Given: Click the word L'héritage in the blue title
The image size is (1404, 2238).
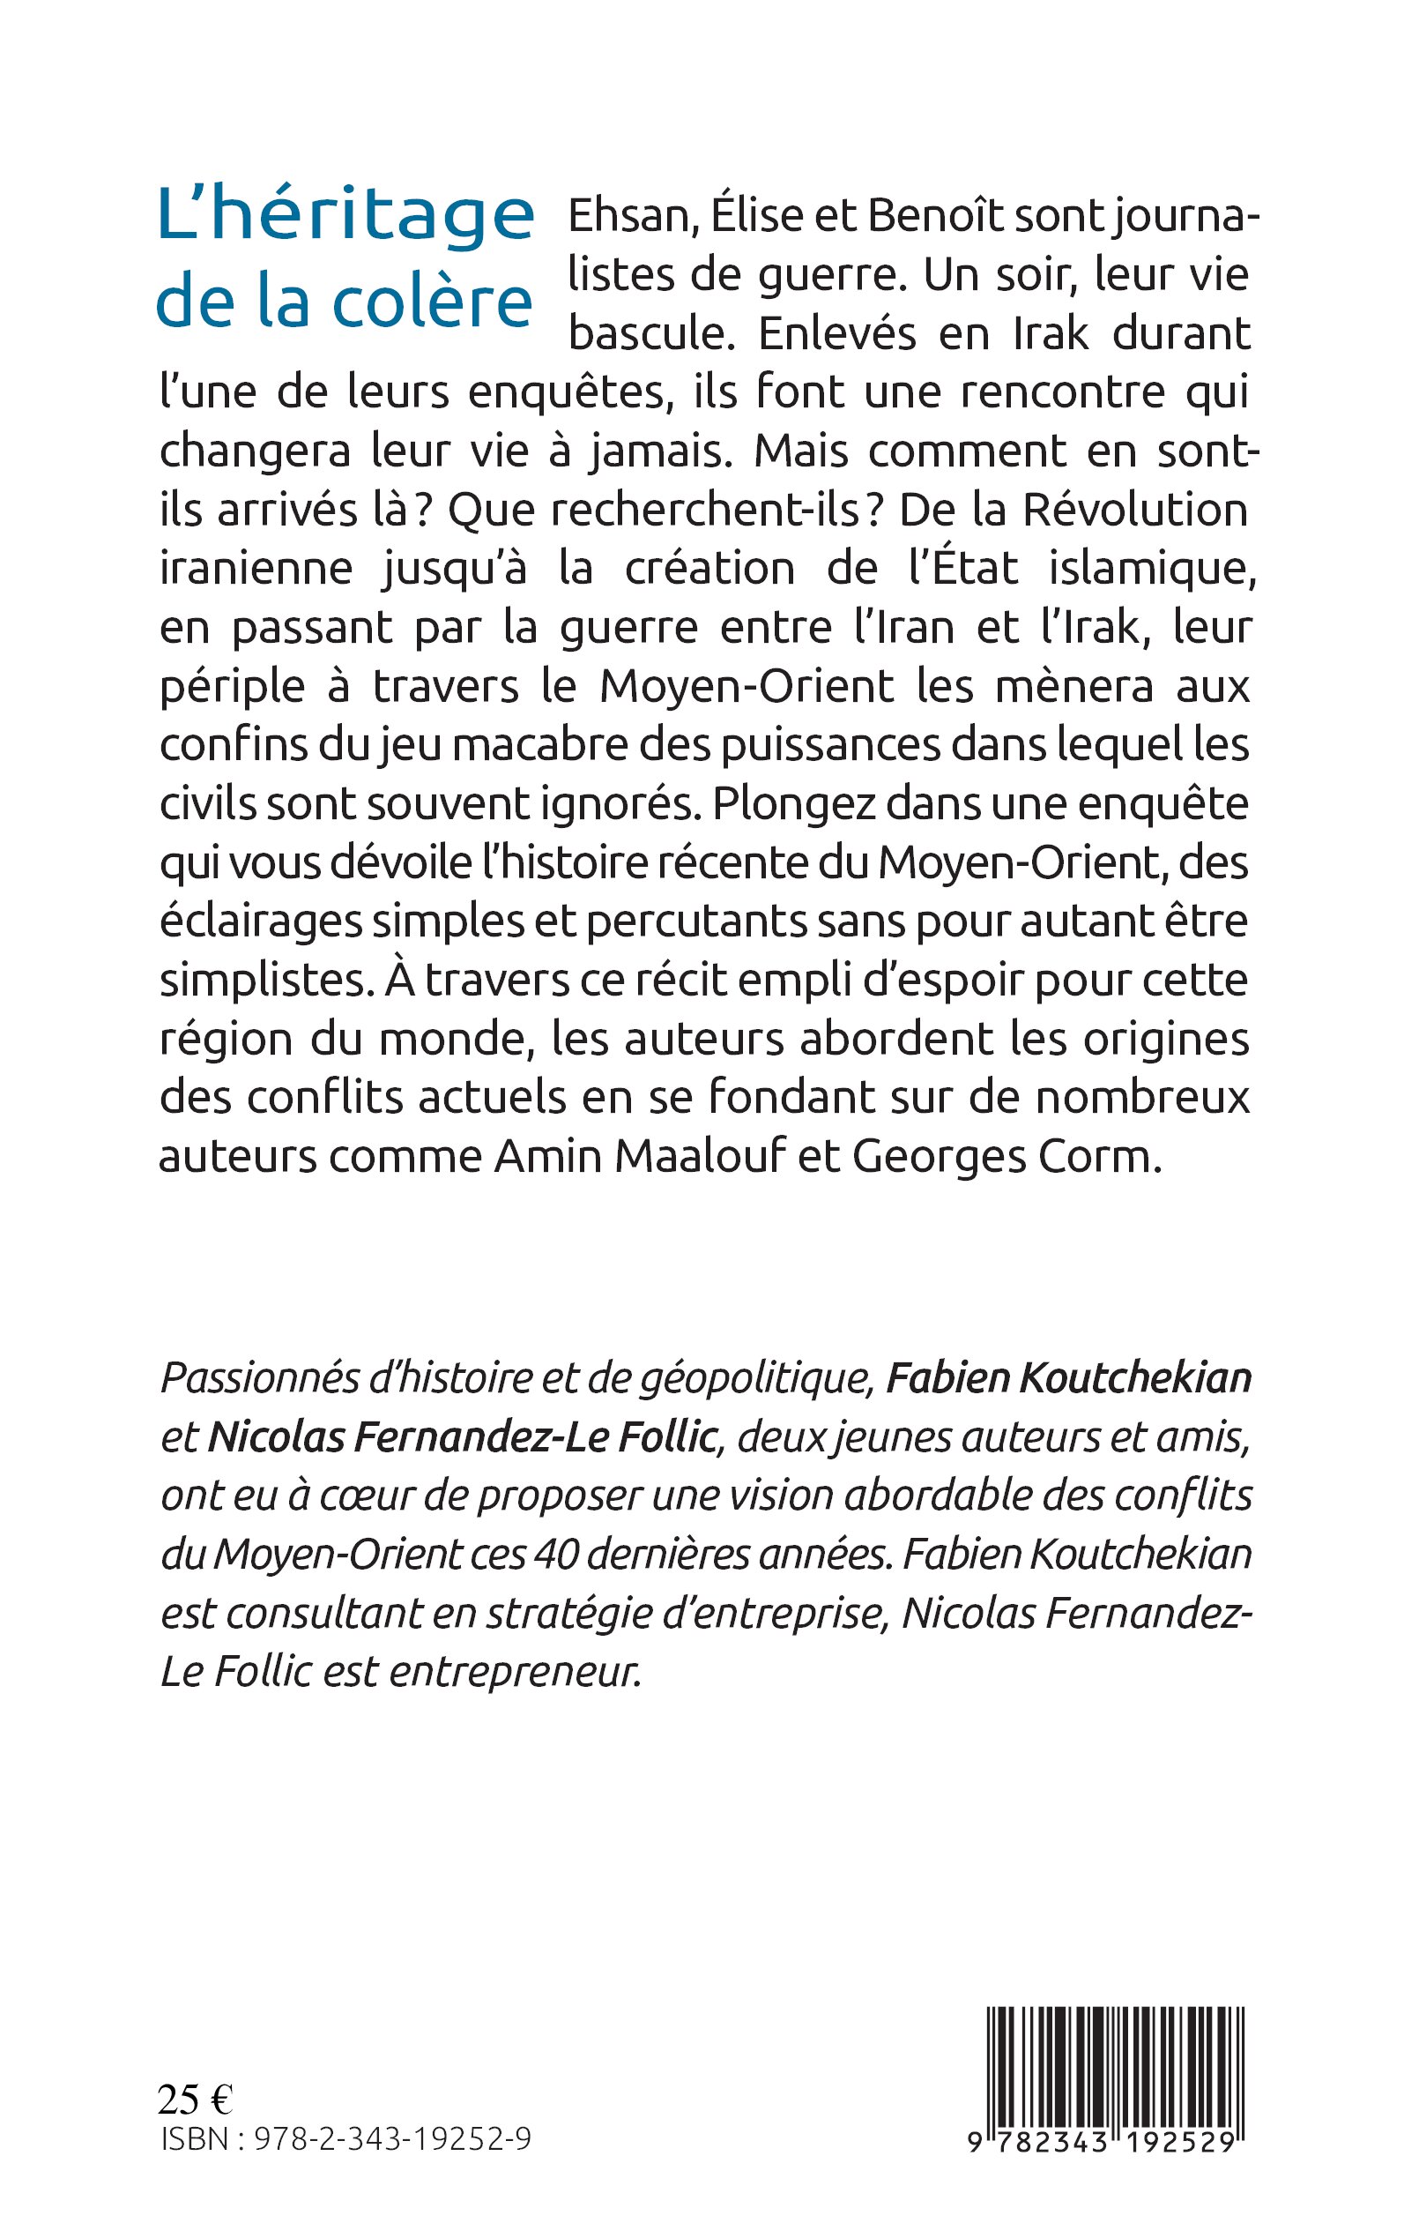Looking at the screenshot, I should (345, 215).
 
